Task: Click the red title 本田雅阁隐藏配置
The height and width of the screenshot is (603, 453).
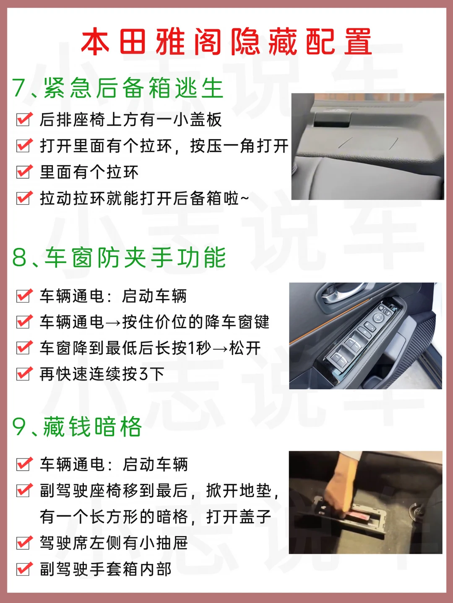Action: point(226,42)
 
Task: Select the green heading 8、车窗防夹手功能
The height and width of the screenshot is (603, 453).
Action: point(119,258)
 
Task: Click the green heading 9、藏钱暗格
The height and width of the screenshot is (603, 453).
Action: point(77,427)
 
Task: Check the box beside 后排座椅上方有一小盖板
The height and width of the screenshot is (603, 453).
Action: point(24,119)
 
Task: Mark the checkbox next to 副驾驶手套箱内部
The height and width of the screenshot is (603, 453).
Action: point(24,569)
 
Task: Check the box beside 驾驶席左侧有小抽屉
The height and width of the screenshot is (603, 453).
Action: point(24,543)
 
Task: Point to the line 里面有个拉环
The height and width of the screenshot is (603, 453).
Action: point(89,172)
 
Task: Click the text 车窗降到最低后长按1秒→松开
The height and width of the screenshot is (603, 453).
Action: point(150,348)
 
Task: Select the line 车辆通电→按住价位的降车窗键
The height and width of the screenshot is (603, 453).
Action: point(154,322)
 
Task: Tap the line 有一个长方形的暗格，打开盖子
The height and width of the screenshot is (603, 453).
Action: point(156,517)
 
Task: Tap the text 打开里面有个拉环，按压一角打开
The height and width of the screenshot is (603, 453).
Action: point(164,146)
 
